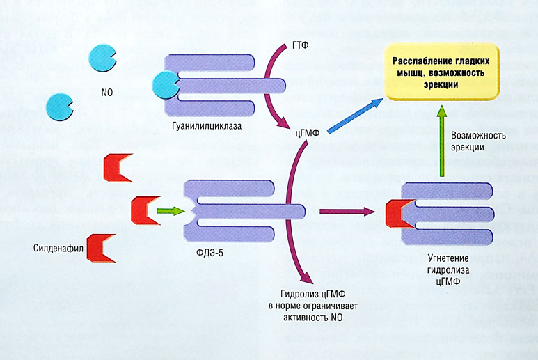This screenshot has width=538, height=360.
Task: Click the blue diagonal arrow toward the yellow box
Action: point(355,115)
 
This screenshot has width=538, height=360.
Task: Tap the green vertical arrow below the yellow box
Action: point(441,143)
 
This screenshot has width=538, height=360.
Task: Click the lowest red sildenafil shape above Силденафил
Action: point(100,247)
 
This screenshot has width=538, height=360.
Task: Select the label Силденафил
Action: point(56,248)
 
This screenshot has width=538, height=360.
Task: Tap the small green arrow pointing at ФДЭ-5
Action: point(167,209)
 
